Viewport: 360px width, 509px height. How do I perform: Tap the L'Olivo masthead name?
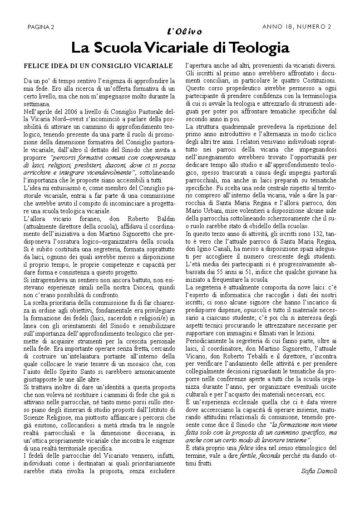tap(185, 31)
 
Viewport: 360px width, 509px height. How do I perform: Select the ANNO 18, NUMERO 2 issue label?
tap(296, 27)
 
